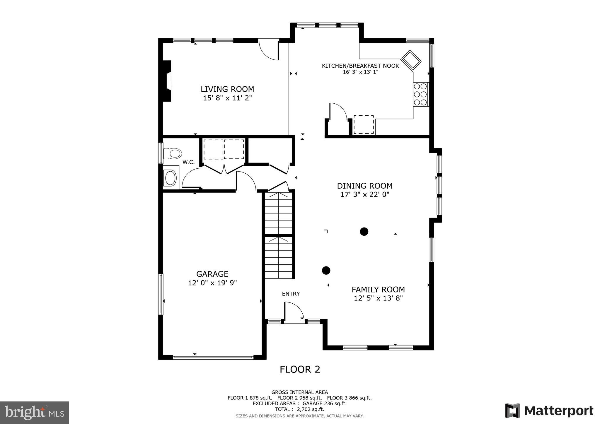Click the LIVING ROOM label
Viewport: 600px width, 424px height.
[227, 89]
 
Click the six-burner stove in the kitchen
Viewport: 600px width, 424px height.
[421, 94]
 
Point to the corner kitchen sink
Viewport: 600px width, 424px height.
[411, 60]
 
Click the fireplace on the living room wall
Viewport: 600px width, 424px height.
[167, 81]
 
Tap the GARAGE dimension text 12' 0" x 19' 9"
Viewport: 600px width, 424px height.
[212, 283]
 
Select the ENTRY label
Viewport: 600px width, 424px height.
[291, 294]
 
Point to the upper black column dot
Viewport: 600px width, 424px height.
[364, 232]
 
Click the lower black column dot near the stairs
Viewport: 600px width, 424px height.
[326, 270]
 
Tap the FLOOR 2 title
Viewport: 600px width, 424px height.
[300, 370]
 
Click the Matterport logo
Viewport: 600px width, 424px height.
[549, 411]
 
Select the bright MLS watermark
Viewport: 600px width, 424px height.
[34, 413]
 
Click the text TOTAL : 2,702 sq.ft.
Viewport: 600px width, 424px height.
[299, 409]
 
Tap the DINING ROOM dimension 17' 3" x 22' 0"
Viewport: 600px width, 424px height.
[364, 194]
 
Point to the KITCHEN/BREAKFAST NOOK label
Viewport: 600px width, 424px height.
[360, 66]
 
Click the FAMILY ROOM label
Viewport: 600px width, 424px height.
[378, 290]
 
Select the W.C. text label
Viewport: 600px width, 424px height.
[188, 162]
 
